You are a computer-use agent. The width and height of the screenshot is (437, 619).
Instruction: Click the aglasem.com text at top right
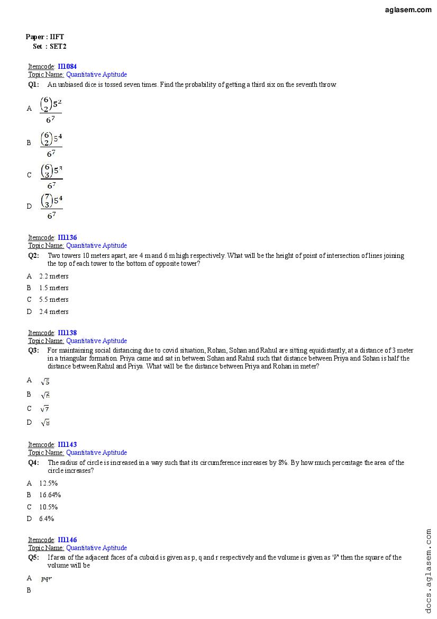(x=408, y=10)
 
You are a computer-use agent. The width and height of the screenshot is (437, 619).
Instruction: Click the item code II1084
(x=67, y=67)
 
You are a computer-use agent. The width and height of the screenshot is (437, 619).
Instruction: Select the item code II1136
(x=67, y=238)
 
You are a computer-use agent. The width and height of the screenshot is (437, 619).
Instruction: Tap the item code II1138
(x=67, y=333)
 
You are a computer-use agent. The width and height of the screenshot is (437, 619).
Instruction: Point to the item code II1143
(x=67, y=445)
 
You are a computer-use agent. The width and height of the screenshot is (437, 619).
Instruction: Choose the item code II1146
(x=67, y=540)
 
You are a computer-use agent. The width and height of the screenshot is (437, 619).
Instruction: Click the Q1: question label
(x=33, y=85)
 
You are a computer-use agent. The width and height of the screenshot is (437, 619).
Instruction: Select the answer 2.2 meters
(x=53, y=276)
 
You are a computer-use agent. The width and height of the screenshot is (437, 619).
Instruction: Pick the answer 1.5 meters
(x=53, y=288)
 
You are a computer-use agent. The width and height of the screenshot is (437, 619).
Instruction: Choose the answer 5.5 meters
(x=53, y=300)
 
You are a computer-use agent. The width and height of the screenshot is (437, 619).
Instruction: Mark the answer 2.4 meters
(x=53, y=312)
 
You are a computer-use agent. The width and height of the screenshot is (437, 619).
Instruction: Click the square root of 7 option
(x=45, y=409)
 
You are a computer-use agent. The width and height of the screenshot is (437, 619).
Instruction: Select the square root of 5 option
(x=45, y=381)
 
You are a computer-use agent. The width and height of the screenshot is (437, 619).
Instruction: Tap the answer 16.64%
(x=50, y=495)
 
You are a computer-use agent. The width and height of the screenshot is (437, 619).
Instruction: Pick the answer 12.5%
(x=48, y=483)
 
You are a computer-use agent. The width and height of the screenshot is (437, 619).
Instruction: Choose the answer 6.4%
(x=47, y=519)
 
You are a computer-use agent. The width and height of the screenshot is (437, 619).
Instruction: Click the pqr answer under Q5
(x=47, y=579)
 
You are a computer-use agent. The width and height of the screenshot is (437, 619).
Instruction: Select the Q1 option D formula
(x=51, y=207)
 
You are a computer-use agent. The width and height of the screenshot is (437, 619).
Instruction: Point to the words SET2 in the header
(x=58, y=47)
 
